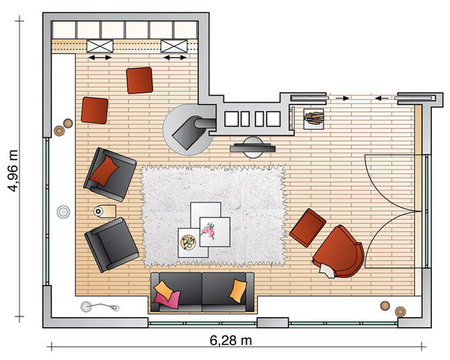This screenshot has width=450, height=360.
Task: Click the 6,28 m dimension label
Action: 231,340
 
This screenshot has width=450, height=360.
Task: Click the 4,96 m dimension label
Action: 13,171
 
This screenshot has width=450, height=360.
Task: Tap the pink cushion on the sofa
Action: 167,299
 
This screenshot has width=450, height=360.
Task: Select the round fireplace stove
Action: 188,130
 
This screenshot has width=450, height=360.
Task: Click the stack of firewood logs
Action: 313,118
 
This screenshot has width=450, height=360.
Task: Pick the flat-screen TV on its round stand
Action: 253,147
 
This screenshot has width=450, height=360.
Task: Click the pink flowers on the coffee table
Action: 208,231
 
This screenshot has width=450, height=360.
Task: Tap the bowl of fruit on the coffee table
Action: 188,242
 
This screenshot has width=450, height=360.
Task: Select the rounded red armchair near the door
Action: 338,252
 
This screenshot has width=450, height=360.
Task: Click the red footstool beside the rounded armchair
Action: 307,228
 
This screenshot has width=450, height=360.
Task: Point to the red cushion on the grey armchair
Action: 104,170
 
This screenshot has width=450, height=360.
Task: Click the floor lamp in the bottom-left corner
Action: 99,307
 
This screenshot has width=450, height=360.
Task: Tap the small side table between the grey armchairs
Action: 105,211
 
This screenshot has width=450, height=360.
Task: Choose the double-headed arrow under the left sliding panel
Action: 100,58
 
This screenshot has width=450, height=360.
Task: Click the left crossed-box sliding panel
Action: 100,46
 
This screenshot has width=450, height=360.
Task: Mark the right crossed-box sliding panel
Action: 174,46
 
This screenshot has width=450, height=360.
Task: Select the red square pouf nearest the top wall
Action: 139,80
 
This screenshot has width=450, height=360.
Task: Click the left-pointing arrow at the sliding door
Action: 382,98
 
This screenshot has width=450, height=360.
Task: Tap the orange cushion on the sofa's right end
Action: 238,290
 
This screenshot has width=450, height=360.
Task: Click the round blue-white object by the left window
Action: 63,212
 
